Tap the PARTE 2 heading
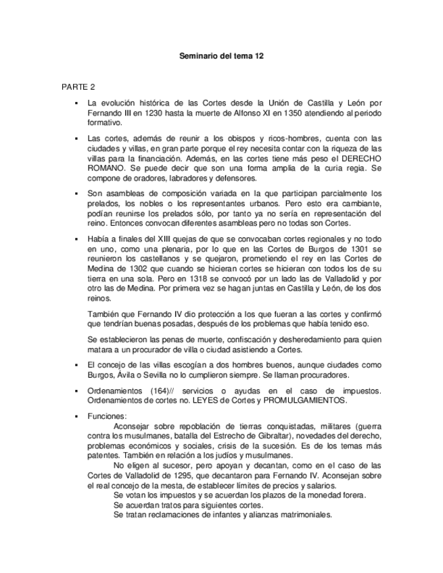click(78, 87)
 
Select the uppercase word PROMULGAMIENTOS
click(308, 401)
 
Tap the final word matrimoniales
click(297, 514)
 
